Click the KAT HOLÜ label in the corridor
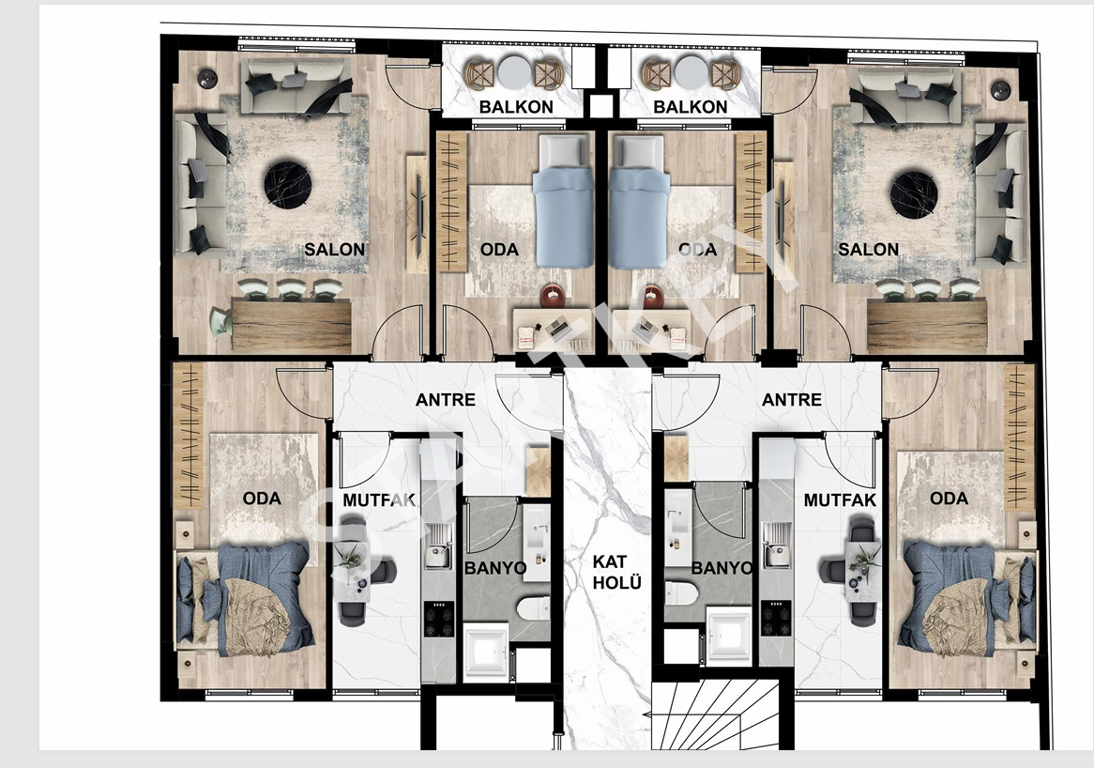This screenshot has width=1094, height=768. pos(616,572)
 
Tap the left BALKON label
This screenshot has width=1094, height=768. pos(516,106)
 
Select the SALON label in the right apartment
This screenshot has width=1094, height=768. pos(868,249)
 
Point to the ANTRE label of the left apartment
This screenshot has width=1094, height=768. pos(445,400)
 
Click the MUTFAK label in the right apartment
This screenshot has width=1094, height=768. pos(839,500)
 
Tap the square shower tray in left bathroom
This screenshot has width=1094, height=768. pos(486,649)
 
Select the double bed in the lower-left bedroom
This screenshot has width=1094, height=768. pos(246,600)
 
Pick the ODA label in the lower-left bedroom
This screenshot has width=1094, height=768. pos(261,498)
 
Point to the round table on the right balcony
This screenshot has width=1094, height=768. pos(691,73)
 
